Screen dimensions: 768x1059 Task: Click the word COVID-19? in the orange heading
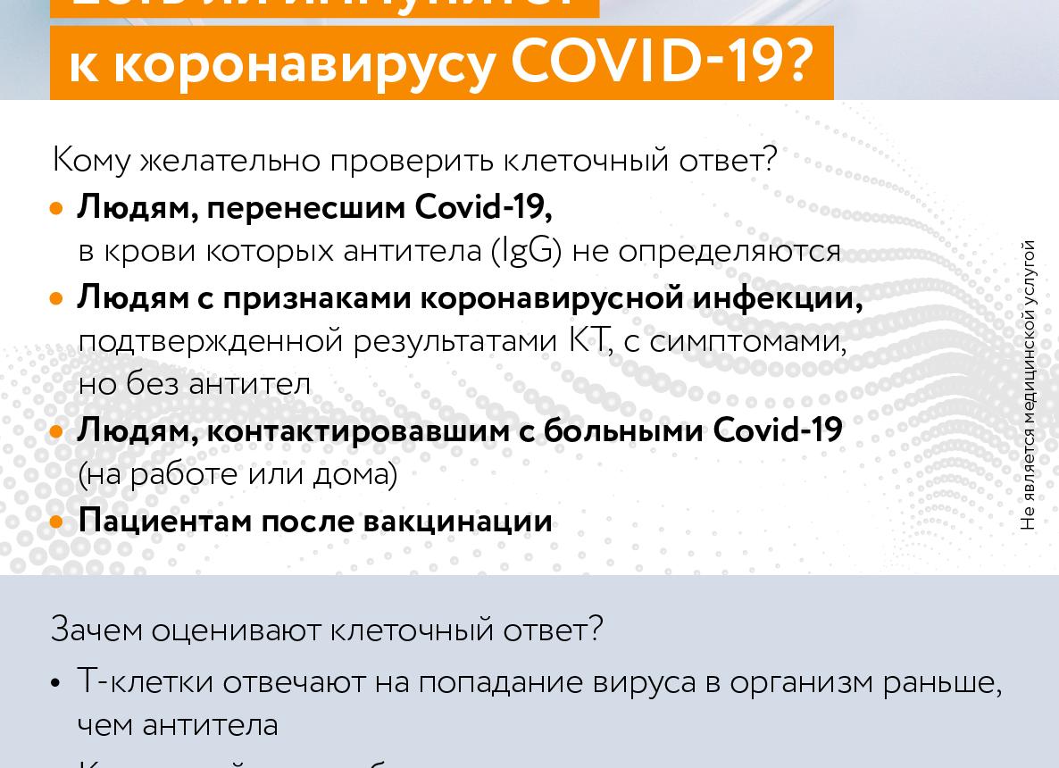coord(662,62)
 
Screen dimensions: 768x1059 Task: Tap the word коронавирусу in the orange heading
coord(304,64)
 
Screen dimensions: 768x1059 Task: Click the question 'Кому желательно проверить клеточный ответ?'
coord(414,161)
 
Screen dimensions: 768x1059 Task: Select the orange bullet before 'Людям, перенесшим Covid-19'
coord(57,209)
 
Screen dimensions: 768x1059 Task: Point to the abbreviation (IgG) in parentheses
coord(527,252)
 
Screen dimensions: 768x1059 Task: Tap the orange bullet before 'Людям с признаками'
coord(57,298)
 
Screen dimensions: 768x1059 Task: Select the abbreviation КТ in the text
coord(588,340)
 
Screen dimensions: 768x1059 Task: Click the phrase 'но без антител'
coord(194,384)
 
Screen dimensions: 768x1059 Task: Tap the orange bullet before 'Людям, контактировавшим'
coord(57,432)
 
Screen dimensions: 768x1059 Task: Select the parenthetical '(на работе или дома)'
coord(238,474)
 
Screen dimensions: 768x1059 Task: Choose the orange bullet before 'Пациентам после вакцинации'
coord(57,522)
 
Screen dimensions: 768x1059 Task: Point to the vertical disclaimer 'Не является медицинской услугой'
coord(1029,384)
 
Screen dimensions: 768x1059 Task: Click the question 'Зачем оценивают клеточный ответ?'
coord(327,630)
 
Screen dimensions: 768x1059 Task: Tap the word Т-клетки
coord(146,681)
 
